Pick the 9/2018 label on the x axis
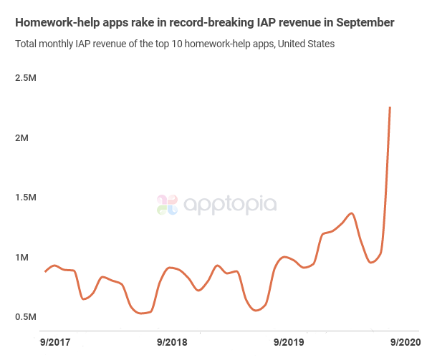(x=171, y=342)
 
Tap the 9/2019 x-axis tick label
(x=289, y=342)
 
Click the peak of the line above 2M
(x=390, y=107)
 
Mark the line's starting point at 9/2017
(x=45, y=271)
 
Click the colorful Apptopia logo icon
(x=167, y=205)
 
